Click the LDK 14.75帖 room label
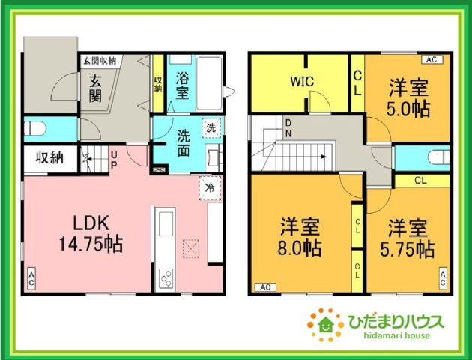pos(91,233)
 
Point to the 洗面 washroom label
pos(187,142)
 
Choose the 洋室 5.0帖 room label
pos(408,97)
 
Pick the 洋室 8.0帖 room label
pos(301,236)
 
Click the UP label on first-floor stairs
pos(112,159)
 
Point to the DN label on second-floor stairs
pos(288,128)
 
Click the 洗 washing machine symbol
pos(212,127)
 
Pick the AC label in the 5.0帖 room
pos(431,59)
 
